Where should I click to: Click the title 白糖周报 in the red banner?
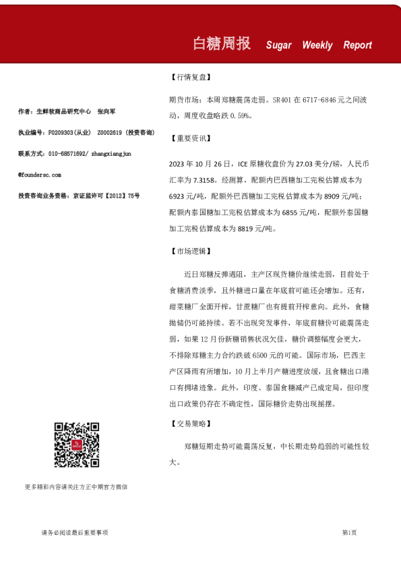pos(222,44)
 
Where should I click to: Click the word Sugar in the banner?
pos(278,45)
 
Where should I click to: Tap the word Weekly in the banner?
pos(317,45)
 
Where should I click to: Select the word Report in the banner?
pos(357,45)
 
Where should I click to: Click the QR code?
pos(77,445)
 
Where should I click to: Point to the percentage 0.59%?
pos(241,116)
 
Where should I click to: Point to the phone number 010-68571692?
pos(68,154)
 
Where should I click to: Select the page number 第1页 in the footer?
pos(349,533)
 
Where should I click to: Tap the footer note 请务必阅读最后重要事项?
pos(75,533)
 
